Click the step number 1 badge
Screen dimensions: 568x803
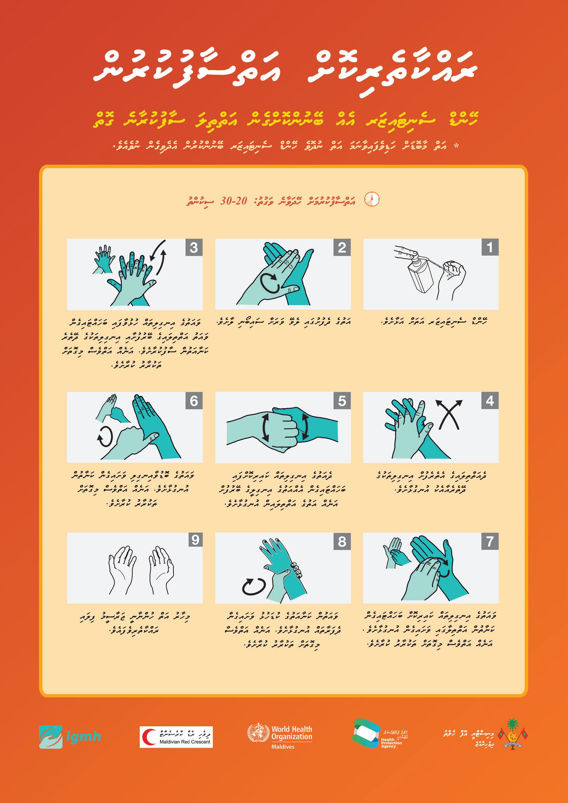(490, 248)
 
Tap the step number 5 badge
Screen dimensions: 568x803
(342, 401)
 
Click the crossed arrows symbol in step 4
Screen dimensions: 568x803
(449, 415)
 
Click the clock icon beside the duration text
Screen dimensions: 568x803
(372, 199)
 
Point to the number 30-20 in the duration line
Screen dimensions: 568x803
(234, 201)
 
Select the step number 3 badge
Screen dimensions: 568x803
(194, 248)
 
